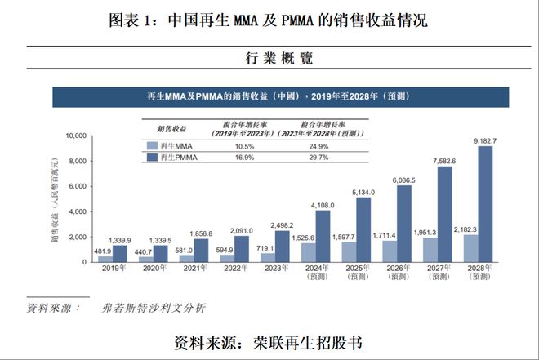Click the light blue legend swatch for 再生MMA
[x=152, y=145]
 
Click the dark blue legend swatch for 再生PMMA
[x=152, y=156]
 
